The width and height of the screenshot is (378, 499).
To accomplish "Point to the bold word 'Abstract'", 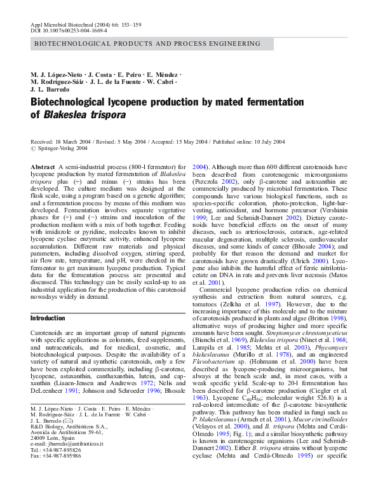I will (43, 166).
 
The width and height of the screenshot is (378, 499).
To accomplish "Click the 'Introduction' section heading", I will (48, 318).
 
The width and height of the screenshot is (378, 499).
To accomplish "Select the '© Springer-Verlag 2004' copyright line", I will (60, 147).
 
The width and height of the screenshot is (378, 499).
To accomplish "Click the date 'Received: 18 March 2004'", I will (62, 141).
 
